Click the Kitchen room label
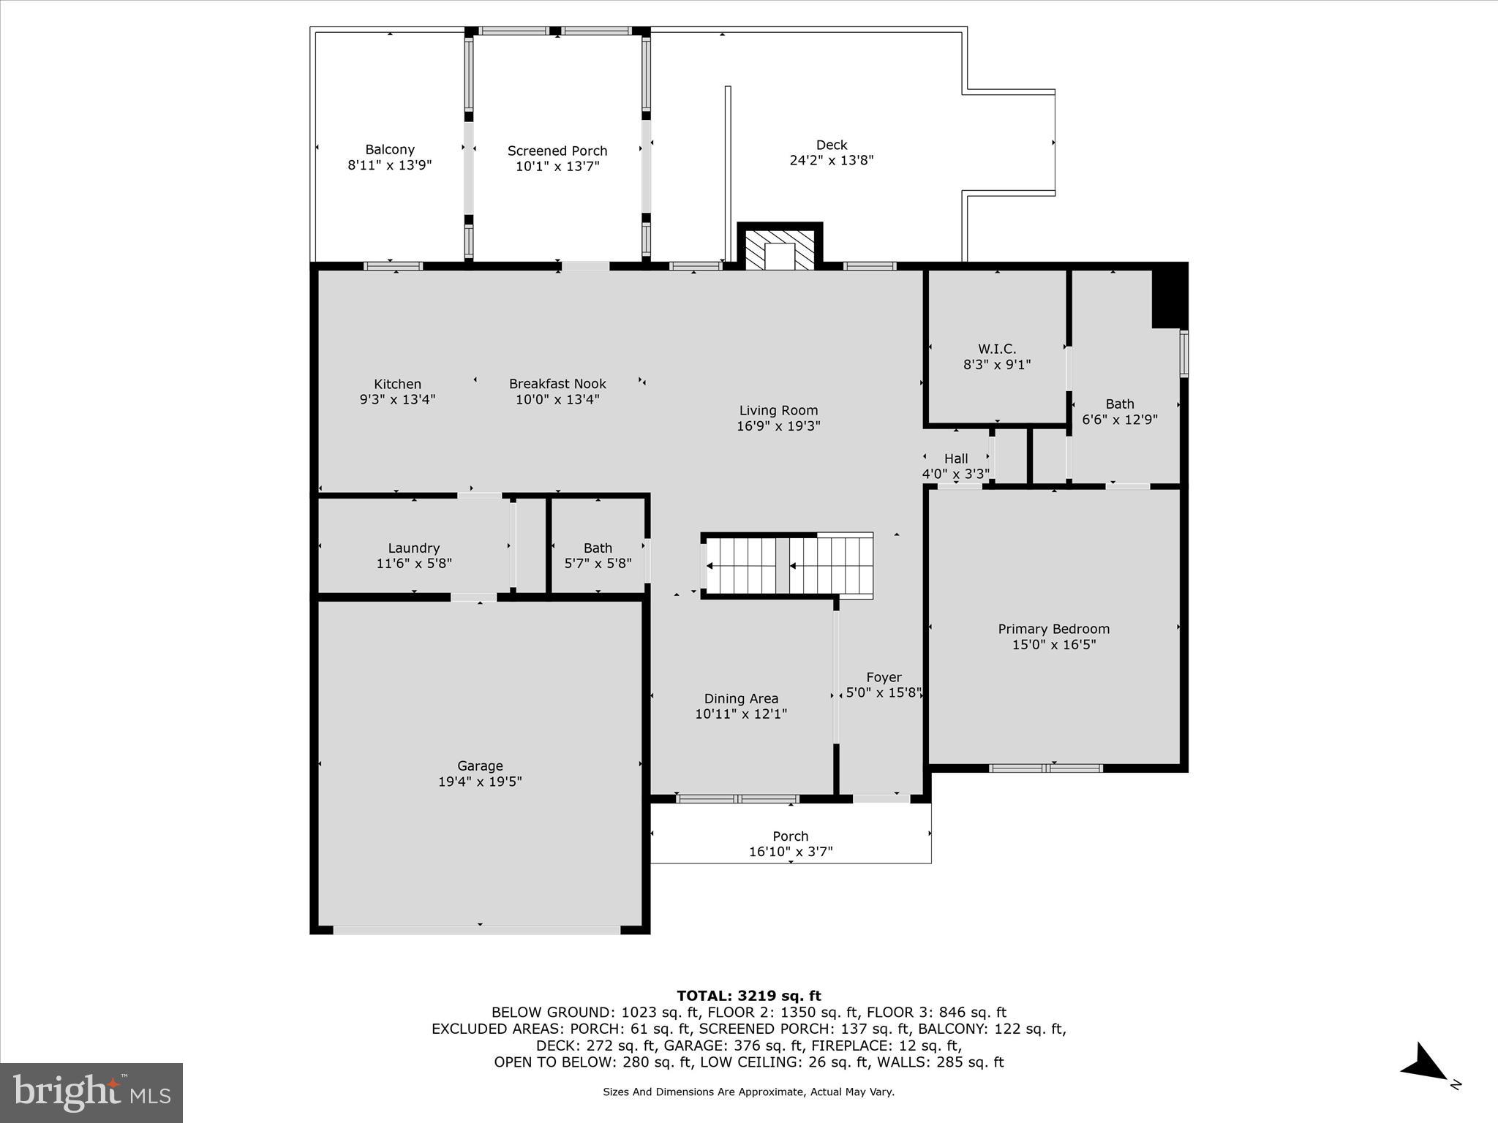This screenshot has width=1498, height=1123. [x=397, y=384]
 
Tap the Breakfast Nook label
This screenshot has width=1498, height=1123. [x=557, y=384]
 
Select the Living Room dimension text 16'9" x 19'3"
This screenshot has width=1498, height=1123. [x=778, y=426]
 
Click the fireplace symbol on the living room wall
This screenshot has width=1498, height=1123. [x=780, y=249]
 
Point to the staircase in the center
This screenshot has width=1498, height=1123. [x=788, y=565]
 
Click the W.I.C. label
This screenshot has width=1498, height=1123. [x=997, y=349]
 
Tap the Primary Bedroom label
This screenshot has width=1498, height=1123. [x=1053, y=629]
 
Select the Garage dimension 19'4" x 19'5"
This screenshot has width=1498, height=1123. [x=480, y=782]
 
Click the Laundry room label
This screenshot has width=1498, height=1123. [x=413, y=548]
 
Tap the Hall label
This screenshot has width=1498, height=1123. [x=955, y=458]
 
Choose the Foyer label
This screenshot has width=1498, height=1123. [x=884, y=677]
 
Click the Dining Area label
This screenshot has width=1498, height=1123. [x=741, y=698]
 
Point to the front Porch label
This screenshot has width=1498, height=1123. [x=790, y=836]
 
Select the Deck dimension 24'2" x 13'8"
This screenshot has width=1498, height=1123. [x=832, y=160]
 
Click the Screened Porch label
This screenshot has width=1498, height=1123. [x=557, y=151]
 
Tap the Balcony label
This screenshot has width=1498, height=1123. [x=390, y=149]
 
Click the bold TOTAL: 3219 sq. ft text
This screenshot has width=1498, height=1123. [x=748, y=995]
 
